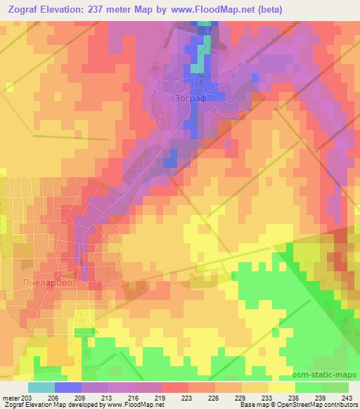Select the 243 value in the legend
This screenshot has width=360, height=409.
(x=348, y=398)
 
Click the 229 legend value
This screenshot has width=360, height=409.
(x=241, y=398)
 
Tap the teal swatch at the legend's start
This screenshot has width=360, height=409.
(x=41, y=387)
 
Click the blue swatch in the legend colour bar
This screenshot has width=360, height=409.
(x=67, y=387)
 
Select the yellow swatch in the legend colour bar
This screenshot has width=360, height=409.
(x=281, y=387)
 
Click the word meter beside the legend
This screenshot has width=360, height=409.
(x=11, y=398)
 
